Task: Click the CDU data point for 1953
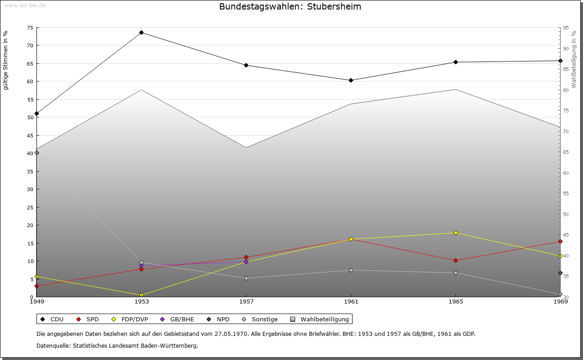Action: click(141, 32)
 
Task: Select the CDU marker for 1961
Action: click(351, 80)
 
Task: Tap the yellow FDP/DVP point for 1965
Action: click(455, 233)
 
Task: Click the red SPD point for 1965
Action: click(455, 260)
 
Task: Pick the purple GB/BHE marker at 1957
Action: click(246, 262)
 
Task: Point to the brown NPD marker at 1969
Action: click(560, 273)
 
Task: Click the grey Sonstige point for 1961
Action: click(351, 270)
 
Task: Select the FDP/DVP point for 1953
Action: click(141, 295)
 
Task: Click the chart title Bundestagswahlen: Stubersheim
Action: click(290, 6)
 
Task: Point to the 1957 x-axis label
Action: click(246, 301)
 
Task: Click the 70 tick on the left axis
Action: click(30, 46)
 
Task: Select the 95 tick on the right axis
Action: click(565, 28)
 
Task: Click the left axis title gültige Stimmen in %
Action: click(5, 60)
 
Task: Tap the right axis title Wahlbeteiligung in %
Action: click(574, 60)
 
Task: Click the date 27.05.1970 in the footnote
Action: click(231, 334)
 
